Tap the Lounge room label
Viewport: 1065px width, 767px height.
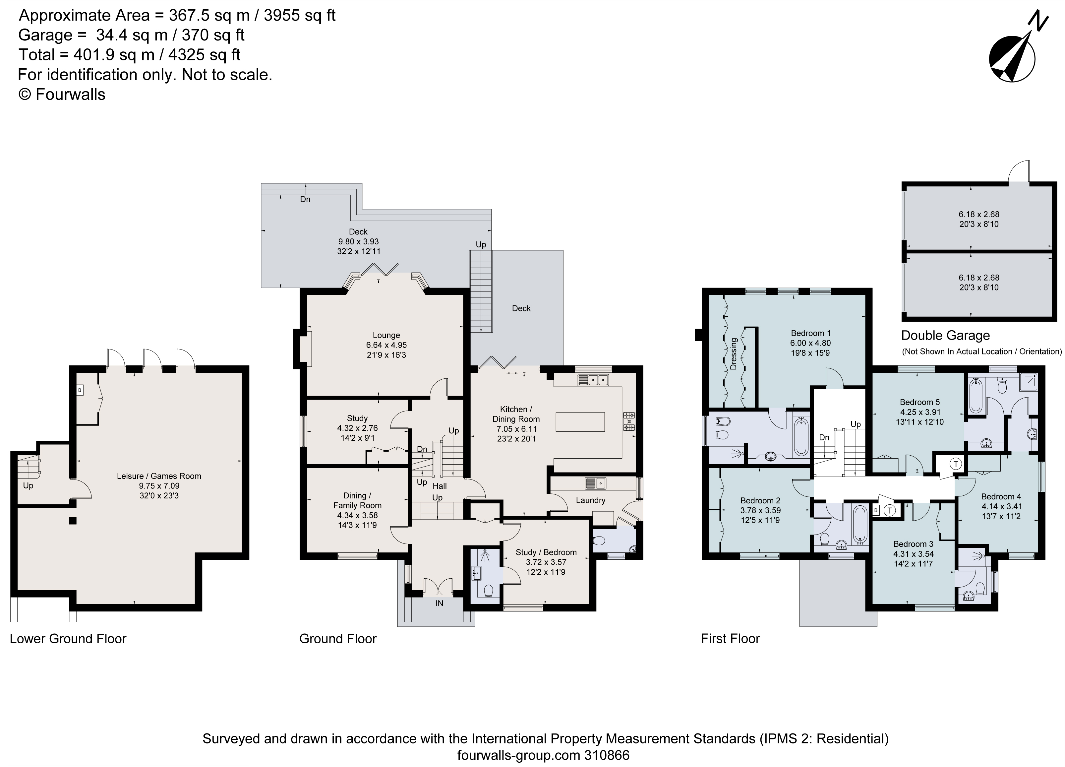[386, 335]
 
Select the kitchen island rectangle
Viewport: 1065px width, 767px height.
[580, 421]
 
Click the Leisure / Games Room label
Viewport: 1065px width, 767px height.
[159, 476]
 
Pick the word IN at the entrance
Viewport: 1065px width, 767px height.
[439, 604]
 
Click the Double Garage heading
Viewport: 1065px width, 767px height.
[945, 335]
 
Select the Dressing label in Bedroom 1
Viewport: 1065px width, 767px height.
[734, 354]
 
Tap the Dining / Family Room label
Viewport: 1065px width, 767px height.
[357, 501]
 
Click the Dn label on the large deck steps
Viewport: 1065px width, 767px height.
[305, 199]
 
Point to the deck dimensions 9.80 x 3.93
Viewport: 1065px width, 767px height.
[358, 241]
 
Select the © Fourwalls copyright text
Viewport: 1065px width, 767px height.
[62, 95]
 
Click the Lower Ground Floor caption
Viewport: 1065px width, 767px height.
[68, 639]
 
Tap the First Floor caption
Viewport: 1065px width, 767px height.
[730, 639]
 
